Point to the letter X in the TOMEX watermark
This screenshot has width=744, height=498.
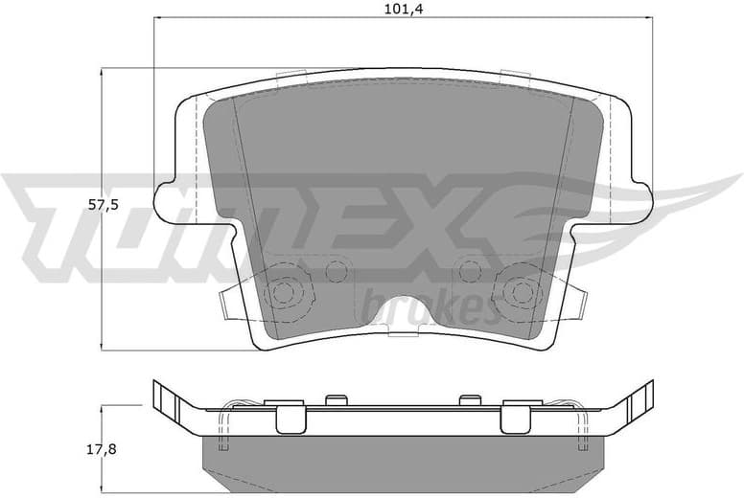452,222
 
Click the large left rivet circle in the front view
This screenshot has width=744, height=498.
285,291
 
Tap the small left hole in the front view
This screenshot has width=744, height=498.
336,271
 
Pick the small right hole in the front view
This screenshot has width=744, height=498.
469,271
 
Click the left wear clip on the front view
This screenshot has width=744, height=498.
228,302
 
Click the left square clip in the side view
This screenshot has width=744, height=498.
291,417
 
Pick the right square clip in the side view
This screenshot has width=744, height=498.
515,417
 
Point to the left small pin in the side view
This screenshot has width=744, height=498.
335,399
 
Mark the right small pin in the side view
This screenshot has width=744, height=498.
469,399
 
